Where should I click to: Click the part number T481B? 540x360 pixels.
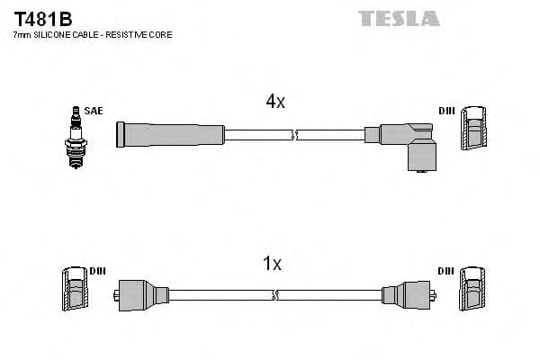point(42,18)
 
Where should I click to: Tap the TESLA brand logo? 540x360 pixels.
point(399,18)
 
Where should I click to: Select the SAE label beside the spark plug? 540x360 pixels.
point(94,111)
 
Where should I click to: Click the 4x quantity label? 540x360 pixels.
point(275,102)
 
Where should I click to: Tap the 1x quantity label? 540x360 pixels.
point(272,264)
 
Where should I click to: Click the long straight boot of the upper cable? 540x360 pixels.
point(170,135)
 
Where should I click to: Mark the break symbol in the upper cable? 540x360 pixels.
point(294,135)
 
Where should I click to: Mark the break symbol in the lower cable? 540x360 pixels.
point(275,295)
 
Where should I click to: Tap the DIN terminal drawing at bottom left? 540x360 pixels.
point(74,289)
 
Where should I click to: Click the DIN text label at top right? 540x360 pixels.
point(446,111)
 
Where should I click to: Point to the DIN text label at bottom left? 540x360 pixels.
point(97,271)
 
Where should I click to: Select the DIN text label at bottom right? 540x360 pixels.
point(446,271)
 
